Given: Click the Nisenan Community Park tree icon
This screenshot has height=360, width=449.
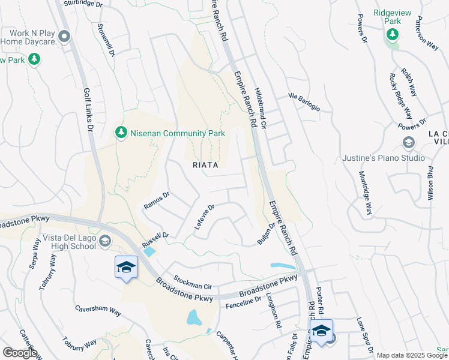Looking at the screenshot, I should [x=121, y=132].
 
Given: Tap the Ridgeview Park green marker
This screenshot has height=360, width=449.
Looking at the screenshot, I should [x=393, y=34].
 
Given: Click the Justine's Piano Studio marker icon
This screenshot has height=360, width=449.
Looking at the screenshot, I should [x=408, y=142].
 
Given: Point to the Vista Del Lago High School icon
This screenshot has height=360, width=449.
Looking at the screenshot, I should [x=105, y=241].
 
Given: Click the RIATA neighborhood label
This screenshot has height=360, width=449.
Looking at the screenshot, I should [x=205, y=164].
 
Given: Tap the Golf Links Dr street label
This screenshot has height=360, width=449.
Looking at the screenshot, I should [x=88, y=110].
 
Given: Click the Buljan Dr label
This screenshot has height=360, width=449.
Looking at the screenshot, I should [x=266, y=233].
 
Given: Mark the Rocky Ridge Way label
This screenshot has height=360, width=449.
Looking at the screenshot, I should [x=400, y=97].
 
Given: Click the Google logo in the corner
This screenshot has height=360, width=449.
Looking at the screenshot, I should [x=19, y=353].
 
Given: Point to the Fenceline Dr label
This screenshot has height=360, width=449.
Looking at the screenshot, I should [x=243, y=303].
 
